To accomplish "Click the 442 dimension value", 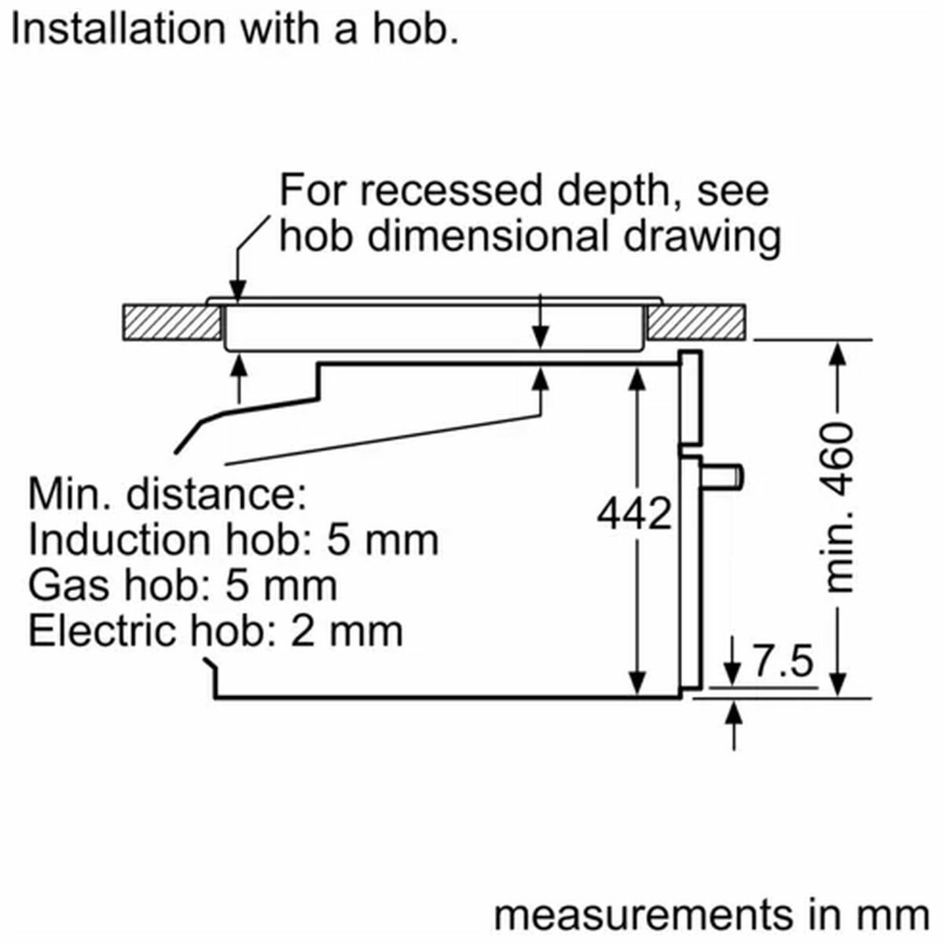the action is [633, 514].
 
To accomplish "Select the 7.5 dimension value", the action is [783, 661].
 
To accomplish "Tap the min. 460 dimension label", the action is [837, 509].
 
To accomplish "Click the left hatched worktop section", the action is [172, 322].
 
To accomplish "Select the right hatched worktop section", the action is [697, 322].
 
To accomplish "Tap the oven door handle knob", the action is [722, 477].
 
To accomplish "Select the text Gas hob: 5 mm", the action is [183, 585].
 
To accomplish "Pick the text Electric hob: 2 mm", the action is [216, 631].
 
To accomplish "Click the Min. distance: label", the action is [167, 495].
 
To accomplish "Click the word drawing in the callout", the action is [702, 238].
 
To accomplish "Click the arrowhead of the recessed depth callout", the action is [237, 292].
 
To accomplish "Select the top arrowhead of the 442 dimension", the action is [637, 380].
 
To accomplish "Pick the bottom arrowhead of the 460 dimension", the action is [838, 684].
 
